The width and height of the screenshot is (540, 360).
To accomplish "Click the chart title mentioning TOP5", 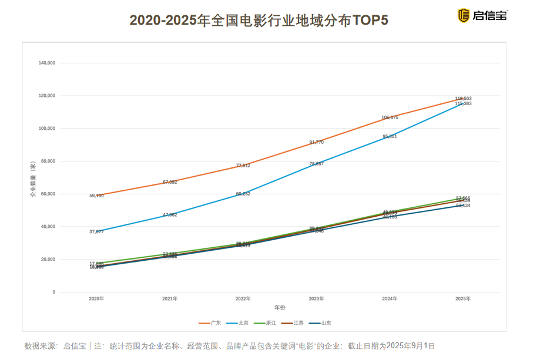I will pos(259,21).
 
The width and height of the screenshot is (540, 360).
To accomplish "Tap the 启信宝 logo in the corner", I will pos(483,15).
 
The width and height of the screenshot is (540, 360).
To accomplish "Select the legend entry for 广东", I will pos(210,323).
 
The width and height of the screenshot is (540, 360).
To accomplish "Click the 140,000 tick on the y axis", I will pos(46,63).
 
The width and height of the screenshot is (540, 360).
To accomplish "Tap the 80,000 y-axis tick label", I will pos(48,161).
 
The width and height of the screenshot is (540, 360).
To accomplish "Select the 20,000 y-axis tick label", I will pos(48,259).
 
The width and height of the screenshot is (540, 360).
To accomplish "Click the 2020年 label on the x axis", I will pos(96,299).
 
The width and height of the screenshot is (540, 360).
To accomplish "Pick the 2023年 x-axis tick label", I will pos(316,299).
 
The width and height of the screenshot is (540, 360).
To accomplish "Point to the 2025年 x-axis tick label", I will pos(463,299).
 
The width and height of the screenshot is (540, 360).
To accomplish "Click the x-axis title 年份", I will pos(280,307).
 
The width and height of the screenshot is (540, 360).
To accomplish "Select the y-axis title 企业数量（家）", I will pos(33,177).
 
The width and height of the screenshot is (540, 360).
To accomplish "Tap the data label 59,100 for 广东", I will pos(96,196).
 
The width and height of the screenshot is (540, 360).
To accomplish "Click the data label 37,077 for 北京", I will pos(96,232).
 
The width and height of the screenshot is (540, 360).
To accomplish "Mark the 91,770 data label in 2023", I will pos(316,142).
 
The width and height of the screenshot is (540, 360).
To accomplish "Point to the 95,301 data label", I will pos(390,136).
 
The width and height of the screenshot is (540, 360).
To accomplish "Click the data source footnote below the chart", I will pos(229,346).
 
